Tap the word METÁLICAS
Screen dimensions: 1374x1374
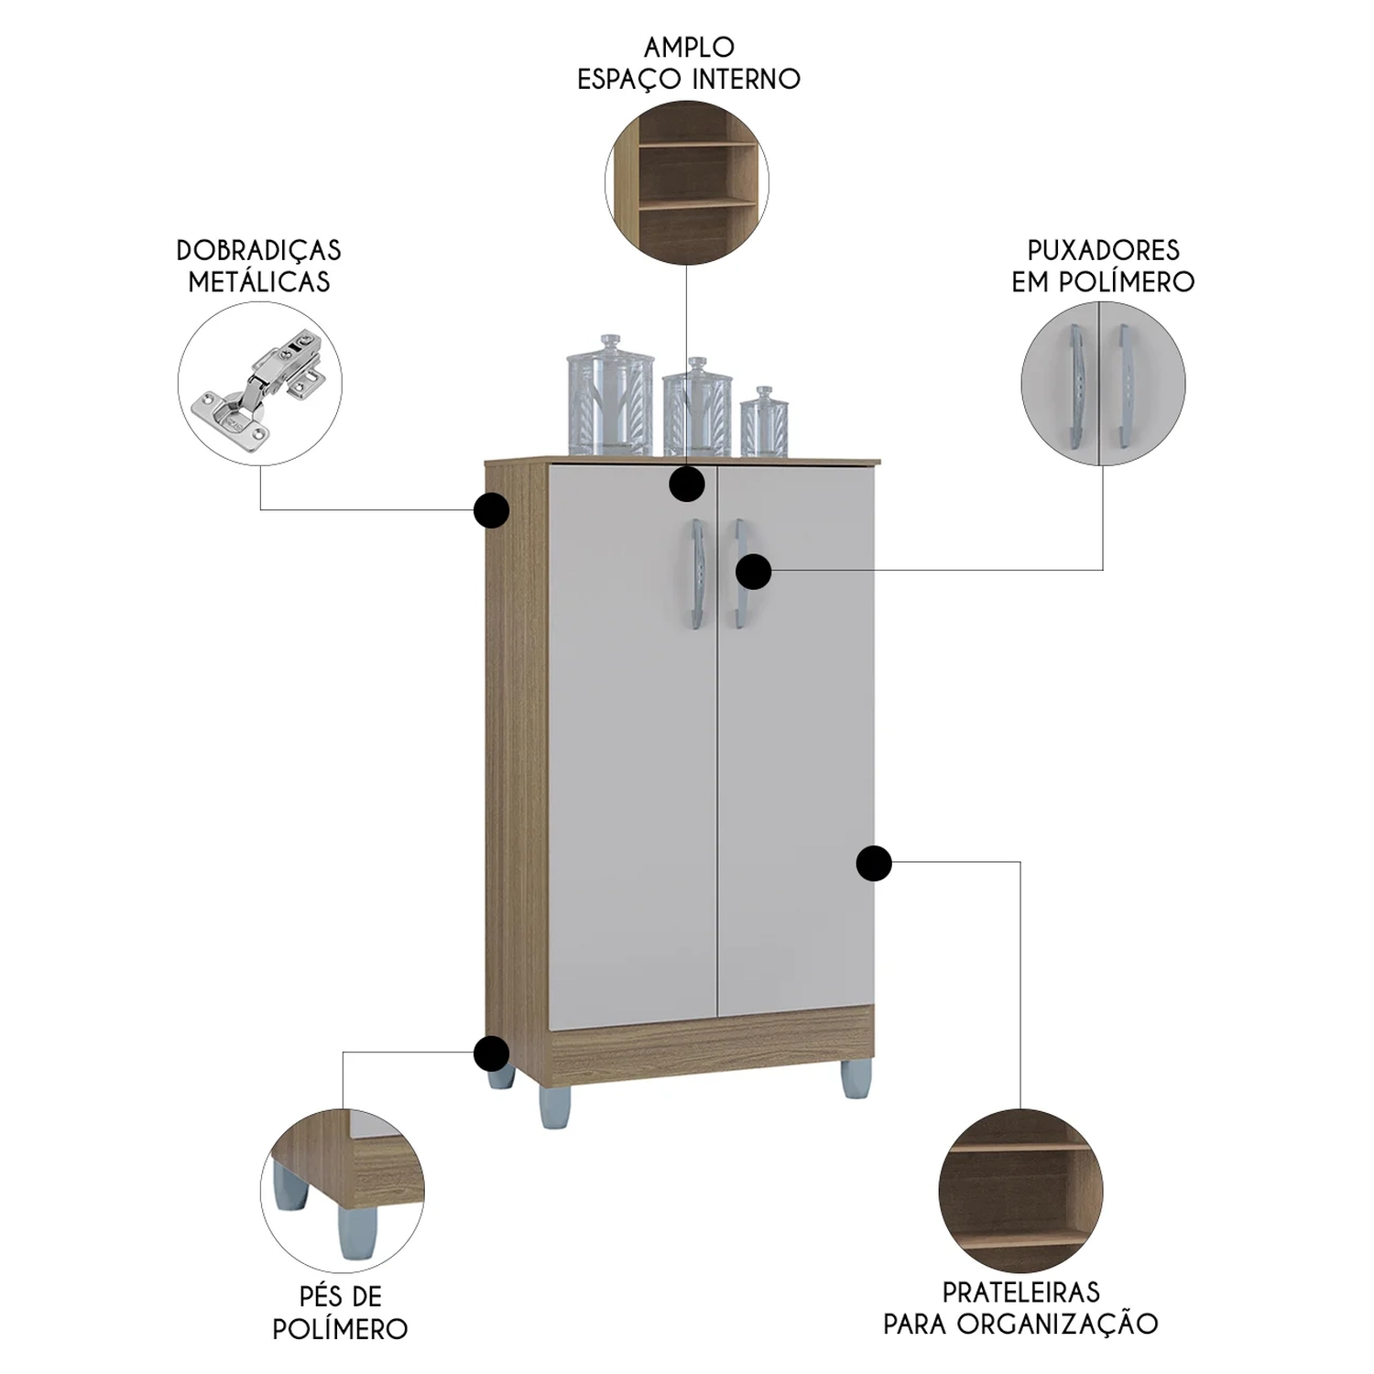coord(259,281)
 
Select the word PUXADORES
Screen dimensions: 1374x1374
coord(1103,250)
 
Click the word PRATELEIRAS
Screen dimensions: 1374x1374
coord(1020,1292)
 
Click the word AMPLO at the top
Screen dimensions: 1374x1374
coord(689,47)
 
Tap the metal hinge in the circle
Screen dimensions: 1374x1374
coord(259,386)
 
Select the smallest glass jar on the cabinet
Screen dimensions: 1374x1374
coord(764,422)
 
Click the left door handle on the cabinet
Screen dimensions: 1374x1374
coord(697,574)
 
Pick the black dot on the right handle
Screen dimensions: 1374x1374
coord(753,572)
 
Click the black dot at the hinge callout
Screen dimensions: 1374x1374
coord(492,510)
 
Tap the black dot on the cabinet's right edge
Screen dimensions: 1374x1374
coord(874,863)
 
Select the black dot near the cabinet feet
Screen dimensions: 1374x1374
coord(492,1053)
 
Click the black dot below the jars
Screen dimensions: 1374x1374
coord(686,483)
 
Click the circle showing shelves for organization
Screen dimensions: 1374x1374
coord(1020,1190)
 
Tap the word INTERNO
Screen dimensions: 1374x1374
coord(746,79)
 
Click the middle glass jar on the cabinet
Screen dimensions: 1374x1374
coord(697,409)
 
